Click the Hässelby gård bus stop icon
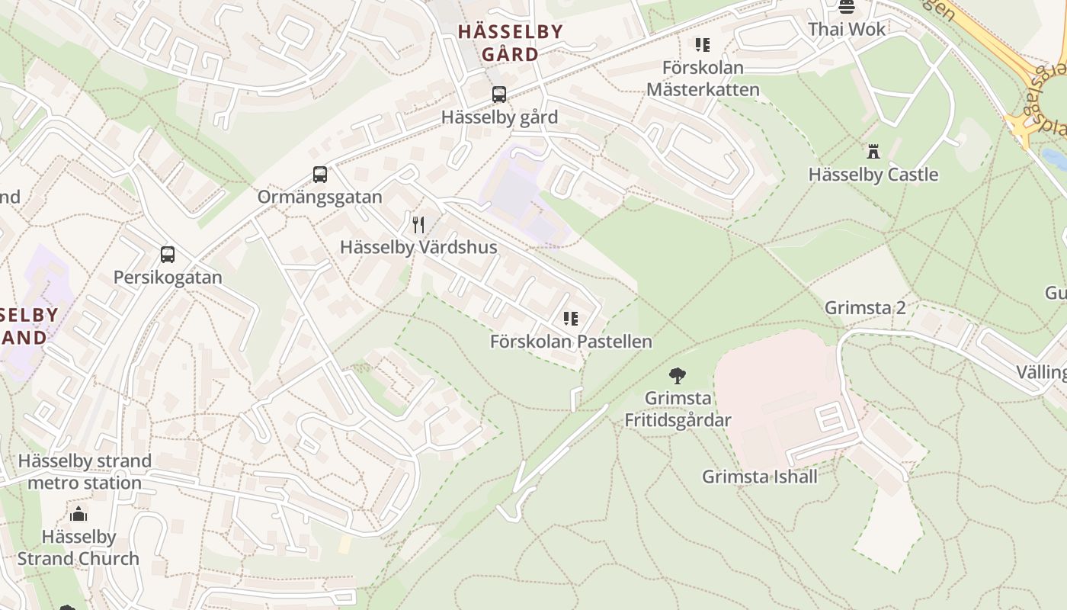tap(499, 95)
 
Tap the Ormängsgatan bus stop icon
tap(320, 175)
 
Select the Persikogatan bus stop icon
tap(168, 255)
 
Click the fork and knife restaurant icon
tap(418, 224)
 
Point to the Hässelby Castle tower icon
tap(873, 152)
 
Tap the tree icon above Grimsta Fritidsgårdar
tap(677, 375)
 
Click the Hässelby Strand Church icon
tap(79, 515)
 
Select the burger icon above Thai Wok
tap(847, 8)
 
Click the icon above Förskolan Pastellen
tap(571, 319)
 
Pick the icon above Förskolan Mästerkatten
tap(702, 45)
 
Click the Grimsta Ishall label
tap(759, 477)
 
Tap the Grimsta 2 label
tap(865, 307)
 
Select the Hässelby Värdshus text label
tap(418, 247)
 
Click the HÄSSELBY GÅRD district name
tap(510, 43)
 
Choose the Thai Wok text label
tap(847, 29)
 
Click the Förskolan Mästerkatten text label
tap(703, 79)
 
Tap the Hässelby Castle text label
tap(873, 175)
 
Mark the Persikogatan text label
tap(168, 277)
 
